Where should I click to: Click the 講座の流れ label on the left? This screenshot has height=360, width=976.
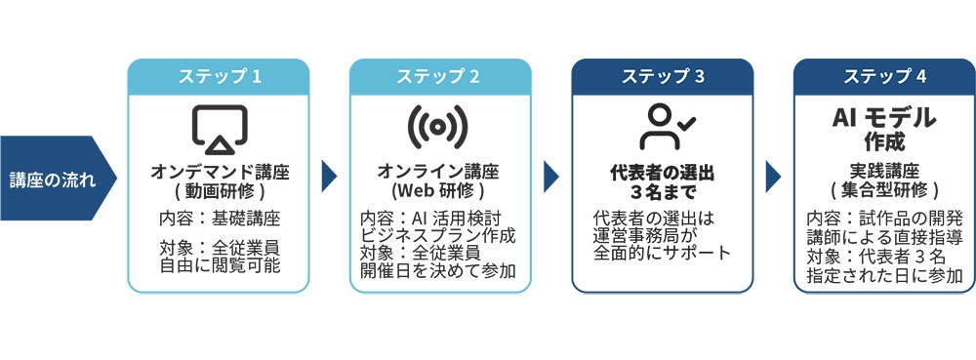[53, 180]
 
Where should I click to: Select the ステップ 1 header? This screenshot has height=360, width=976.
[219, 76]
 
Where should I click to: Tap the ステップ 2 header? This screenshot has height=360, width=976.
[440, 76]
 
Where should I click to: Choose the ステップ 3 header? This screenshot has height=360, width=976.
[663, 76]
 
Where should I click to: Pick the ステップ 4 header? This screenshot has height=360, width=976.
[884, 76]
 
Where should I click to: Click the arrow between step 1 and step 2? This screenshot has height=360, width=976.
[329, 177]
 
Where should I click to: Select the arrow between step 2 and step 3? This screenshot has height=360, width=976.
[550, 177]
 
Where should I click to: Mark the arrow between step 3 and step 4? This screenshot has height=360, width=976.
[773, 177]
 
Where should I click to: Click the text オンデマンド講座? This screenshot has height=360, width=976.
[219, 173]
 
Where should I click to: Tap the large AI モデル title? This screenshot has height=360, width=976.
[884, 117]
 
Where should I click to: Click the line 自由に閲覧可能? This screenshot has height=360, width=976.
[219, 266]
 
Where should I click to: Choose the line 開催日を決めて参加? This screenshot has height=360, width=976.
[438, 271]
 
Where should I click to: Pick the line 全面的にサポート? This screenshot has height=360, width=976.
[662, 253]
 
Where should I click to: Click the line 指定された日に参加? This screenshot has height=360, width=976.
[884, 276]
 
